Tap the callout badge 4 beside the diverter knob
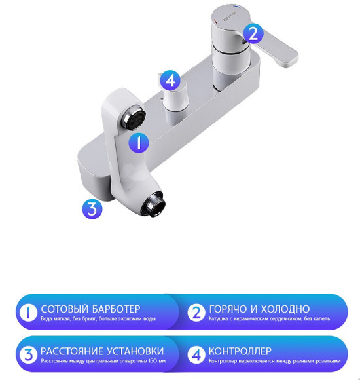pyautogui.click(x=170, y=81)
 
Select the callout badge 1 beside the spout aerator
pyautogui.click(x=138, y=142)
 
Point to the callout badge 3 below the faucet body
pyautogui.click(x=92, y=208)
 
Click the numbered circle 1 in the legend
pyautogui.click(x=27, y=313)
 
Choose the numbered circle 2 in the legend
pyautogui.click(x=196, y=313)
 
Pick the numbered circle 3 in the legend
pyautogui.click(x=27, y=354)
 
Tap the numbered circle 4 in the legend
pyautogui.click(x=196, y=354)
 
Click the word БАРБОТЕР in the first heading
pyautogui.click(x=115, y=308)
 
